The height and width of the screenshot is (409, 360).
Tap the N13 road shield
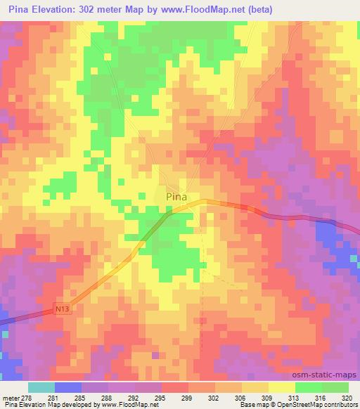coord(63,308)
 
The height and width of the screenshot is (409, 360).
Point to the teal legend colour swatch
coord(41,387)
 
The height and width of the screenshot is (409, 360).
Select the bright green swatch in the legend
coord(307,387)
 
